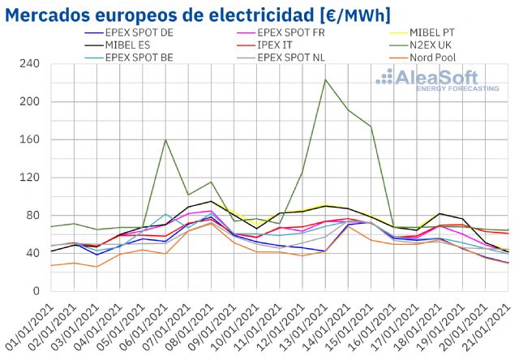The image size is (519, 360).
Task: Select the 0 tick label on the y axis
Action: point(35,291)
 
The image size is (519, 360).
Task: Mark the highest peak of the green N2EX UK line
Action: point(325,79)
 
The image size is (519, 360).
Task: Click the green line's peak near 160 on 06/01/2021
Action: point(165,140)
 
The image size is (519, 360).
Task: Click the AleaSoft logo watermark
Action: point(438,79)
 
